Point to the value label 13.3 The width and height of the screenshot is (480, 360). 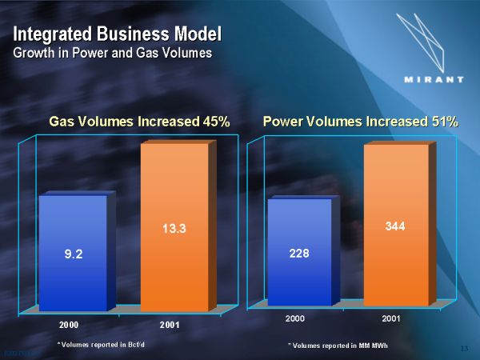[x=174, y=230]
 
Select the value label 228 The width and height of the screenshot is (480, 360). [x=298, y=254]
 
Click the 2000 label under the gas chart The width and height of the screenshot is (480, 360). [x=68, y=324]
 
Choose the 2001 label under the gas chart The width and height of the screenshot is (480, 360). [x=169, y=324]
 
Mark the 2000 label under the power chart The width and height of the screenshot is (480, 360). [x=295, y=319]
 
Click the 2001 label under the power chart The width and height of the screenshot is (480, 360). [x=391, y=319]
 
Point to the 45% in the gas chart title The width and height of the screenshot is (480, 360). [x=215, y=122]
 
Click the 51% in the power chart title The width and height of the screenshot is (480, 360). [x=442, y=122]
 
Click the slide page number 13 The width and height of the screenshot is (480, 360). [x=465, y=348]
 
